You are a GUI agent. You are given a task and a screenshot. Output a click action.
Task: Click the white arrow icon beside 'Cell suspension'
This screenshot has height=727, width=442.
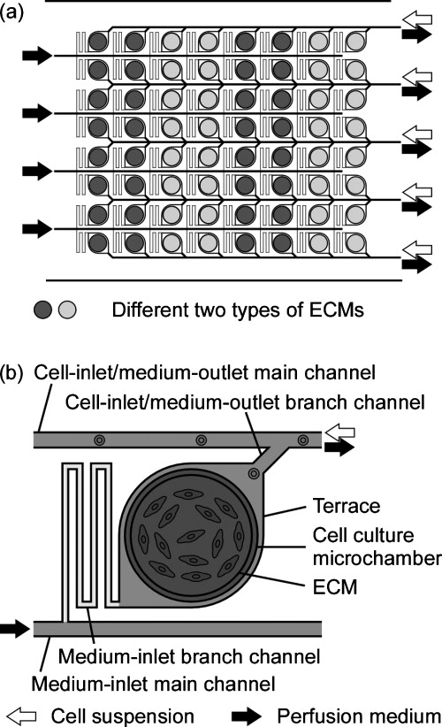coord(22,714)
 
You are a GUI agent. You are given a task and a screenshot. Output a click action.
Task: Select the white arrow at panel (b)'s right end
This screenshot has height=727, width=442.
coord(339,429)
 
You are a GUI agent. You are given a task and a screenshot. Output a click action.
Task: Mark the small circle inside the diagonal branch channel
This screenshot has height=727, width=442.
coord(253,474)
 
